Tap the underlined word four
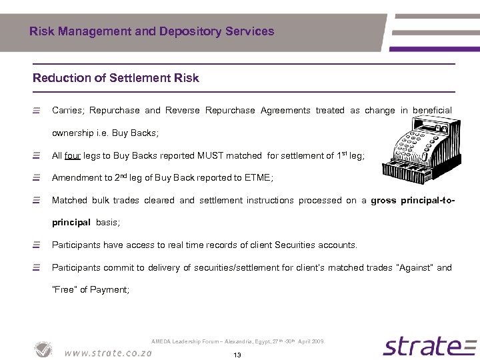point(73,156)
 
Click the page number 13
point(237,355)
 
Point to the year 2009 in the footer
point(316,341)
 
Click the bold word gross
point(384,200)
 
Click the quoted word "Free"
point(65,289)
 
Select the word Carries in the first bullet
point(67,111)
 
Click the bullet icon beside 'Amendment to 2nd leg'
point(38,178)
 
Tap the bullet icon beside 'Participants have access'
point(38,245)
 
